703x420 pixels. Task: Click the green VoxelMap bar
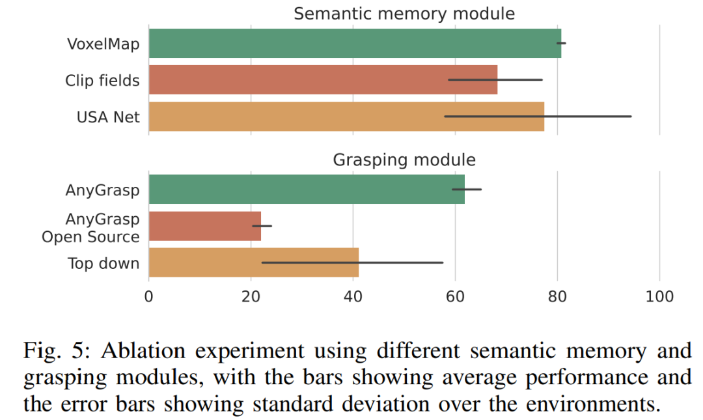355,44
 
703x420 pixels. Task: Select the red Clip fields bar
323,80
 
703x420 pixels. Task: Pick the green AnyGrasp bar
307,189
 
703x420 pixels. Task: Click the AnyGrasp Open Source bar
204,226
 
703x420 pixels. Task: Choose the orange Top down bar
253,262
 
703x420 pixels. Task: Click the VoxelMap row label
103,44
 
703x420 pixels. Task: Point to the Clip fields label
102,81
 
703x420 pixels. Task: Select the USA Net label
108,117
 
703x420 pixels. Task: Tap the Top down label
103,263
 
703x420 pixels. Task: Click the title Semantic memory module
404,14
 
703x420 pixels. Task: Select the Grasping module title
404,160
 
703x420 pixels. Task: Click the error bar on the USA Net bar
586,117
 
